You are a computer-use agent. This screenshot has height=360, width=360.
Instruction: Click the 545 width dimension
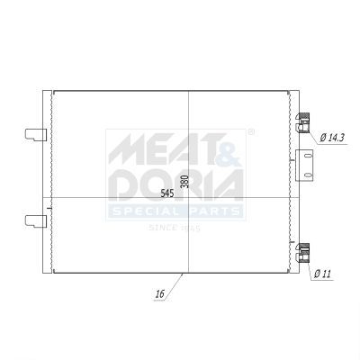167,193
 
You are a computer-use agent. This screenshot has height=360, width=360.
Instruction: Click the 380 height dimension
185,182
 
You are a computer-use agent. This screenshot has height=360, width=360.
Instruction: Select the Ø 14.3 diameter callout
332,138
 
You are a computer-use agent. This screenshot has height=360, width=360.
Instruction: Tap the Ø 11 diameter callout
322,274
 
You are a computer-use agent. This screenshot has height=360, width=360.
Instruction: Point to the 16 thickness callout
160,294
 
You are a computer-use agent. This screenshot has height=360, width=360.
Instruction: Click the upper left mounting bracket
36,135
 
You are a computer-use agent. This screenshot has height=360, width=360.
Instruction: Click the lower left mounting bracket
36,221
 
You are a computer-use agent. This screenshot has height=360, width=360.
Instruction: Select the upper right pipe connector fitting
303,123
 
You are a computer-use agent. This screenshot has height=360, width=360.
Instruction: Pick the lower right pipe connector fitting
303,253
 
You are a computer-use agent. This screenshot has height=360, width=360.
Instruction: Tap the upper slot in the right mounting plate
308,156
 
